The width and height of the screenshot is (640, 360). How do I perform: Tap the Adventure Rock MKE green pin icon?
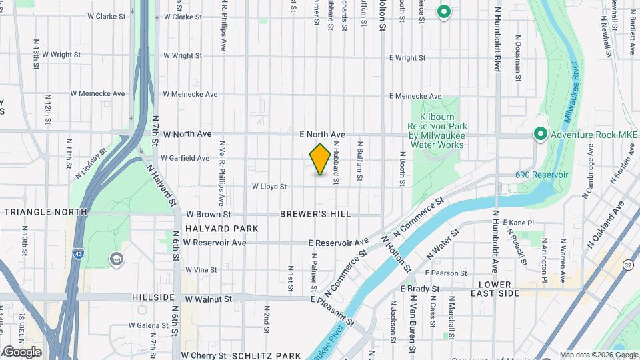(x=541, y=134)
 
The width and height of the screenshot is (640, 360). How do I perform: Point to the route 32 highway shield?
(x=627, y=265)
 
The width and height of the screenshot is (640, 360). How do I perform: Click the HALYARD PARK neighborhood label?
(x=212, y=229)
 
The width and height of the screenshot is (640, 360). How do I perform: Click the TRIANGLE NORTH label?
(x=45, y=212)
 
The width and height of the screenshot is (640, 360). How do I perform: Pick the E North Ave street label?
(x=322, y=135)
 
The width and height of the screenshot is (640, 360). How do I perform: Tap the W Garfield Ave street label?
(x=185, y=159)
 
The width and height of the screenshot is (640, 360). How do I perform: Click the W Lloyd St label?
(x=269, y=187)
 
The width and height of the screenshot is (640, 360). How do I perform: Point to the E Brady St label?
(x=420, y=289)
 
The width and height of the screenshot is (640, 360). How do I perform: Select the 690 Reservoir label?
(x=541, y=175)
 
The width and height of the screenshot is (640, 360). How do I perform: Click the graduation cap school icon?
(x=117, y=258)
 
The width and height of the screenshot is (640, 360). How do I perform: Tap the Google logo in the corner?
(x=21, y=352)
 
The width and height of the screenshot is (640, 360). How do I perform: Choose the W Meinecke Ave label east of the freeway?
(x=190, y=95)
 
